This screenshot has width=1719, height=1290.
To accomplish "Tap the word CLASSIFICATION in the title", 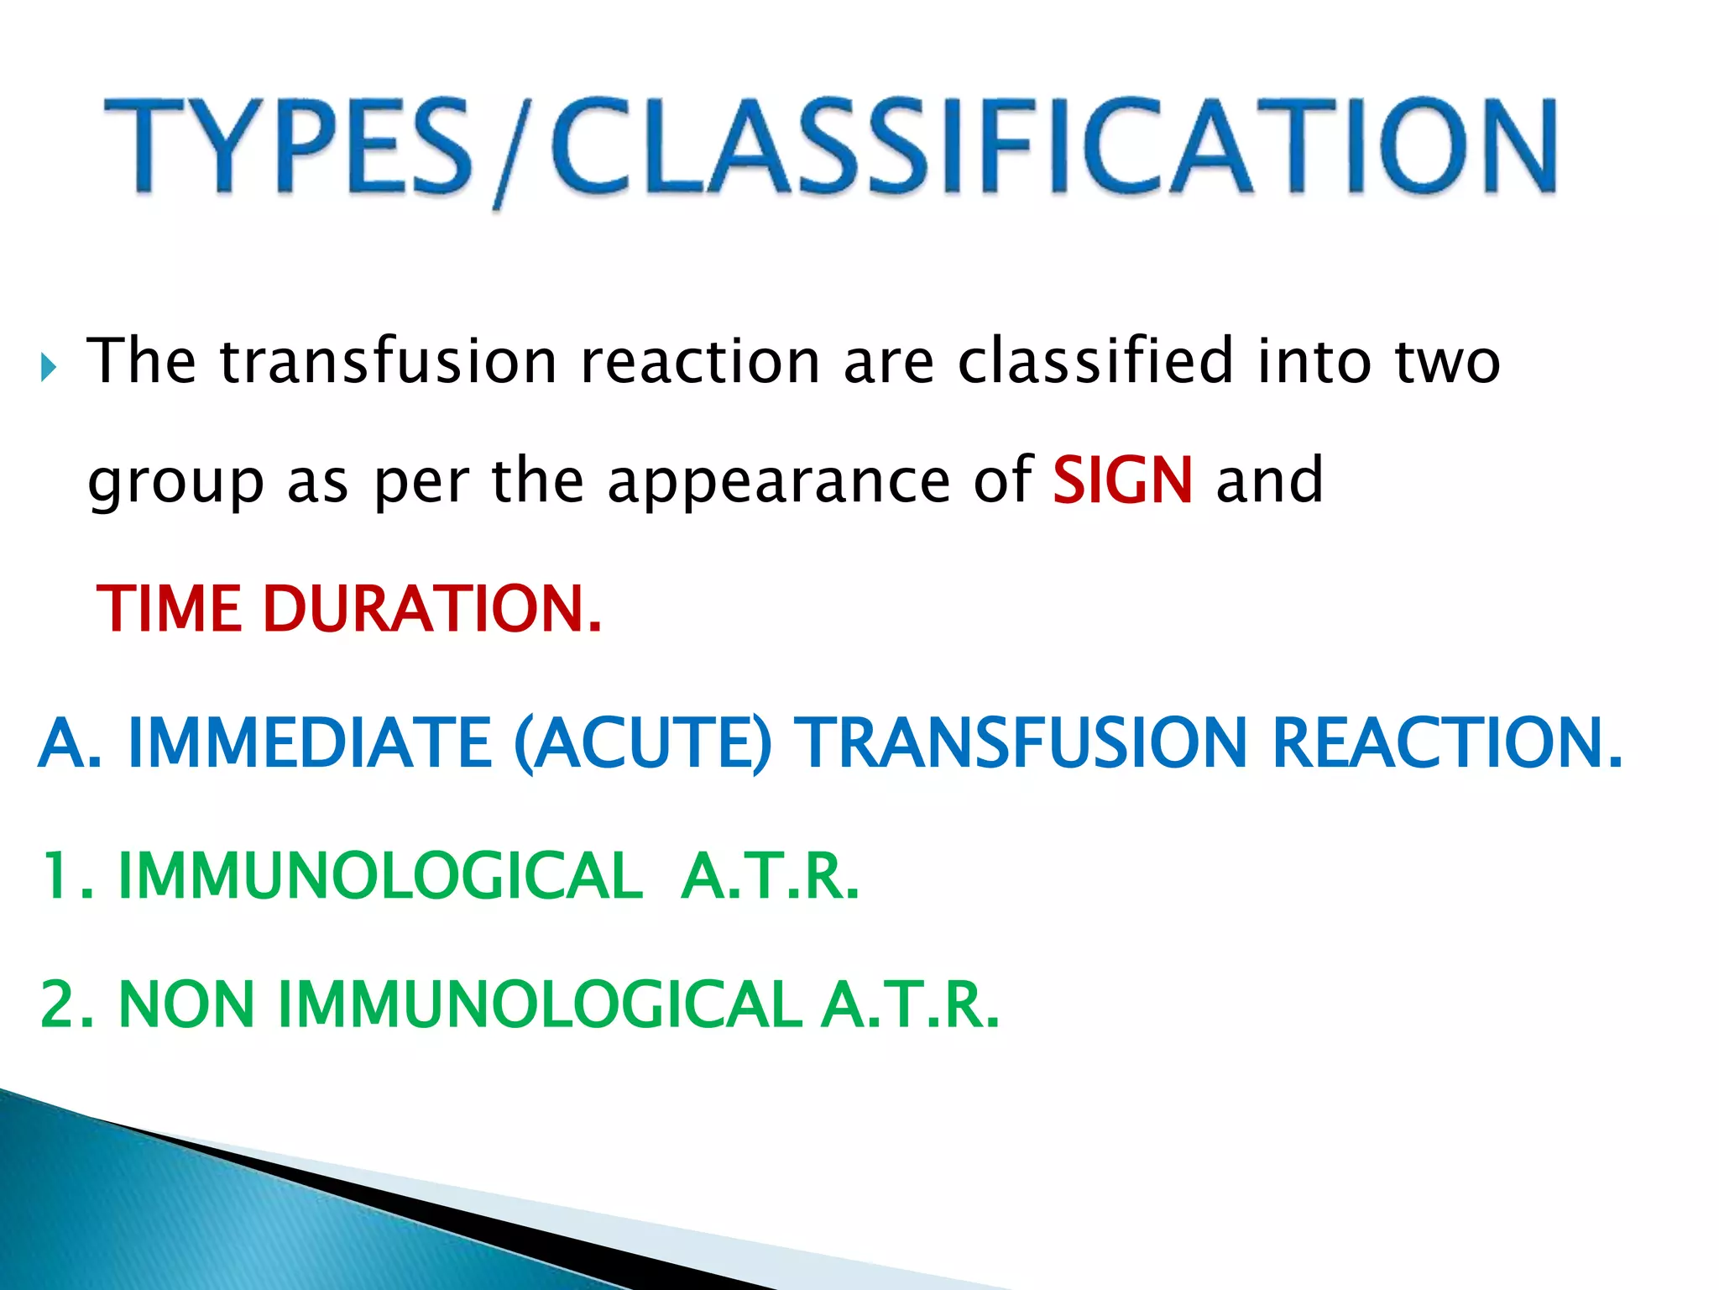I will [1053, 147].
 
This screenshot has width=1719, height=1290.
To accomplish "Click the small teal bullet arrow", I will [48, 367].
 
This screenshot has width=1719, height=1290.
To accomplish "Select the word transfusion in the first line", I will [388, 361].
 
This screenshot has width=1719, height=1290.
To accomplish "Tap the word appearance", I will [779, 483].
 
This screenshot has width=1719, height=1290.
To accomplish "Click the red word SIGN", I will [1121, 480].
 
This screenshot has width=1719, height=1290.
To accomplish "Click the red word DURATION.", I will [431, 609].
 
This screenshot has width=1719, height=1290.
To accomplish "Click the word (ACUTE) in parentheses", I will [642, 742].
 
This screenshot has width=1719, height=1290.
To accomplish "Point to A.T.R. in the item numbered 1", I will [770, 876].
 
